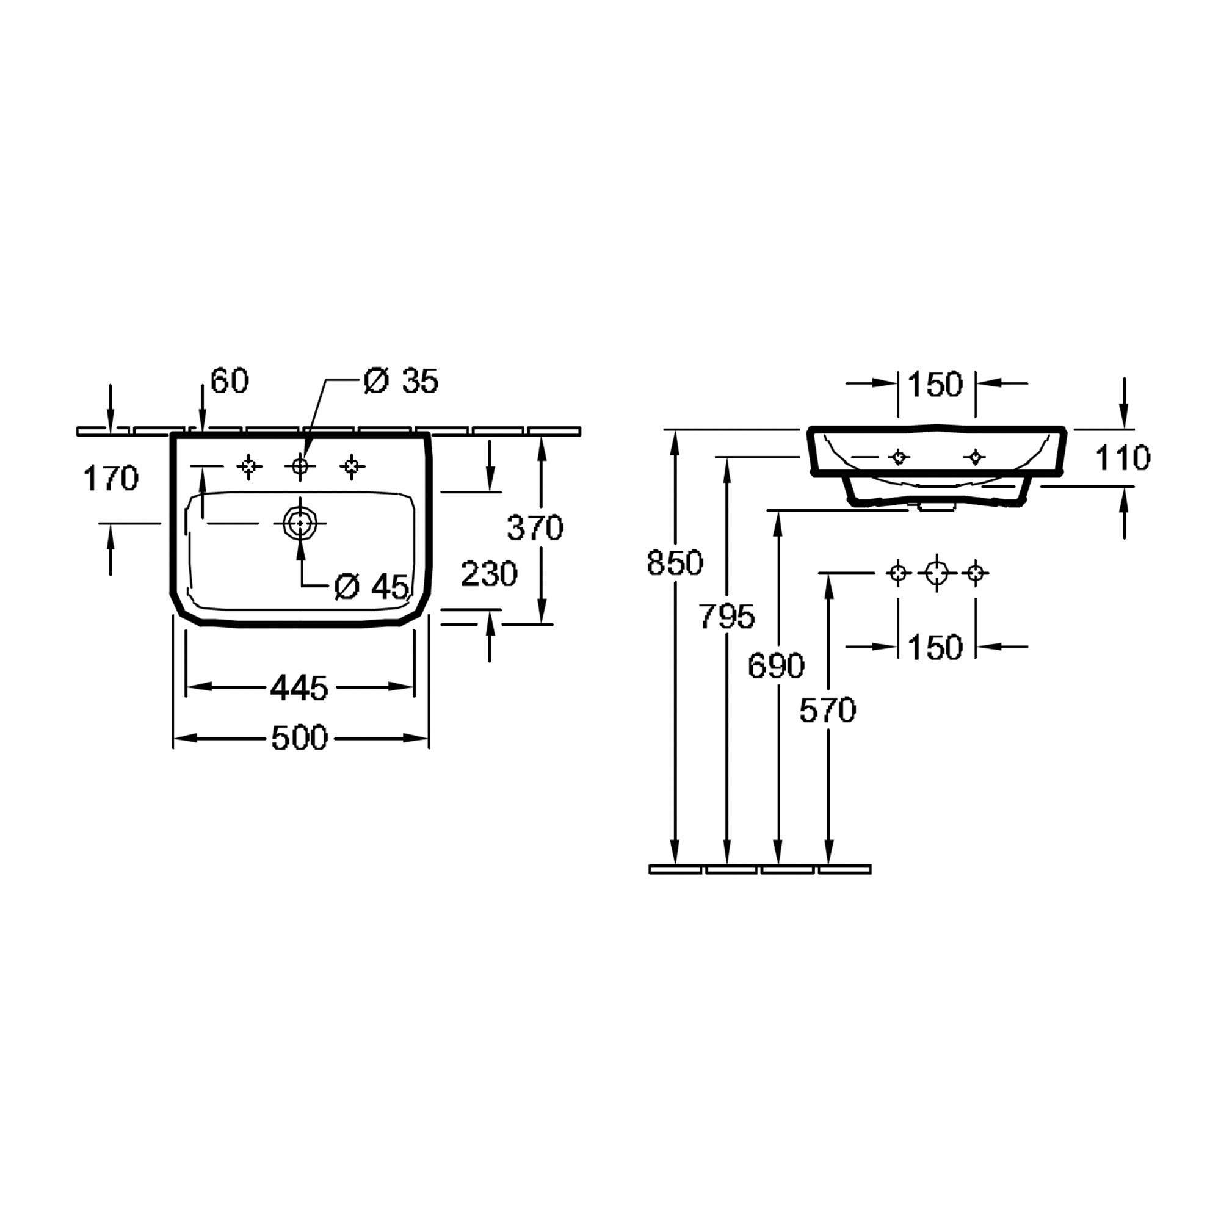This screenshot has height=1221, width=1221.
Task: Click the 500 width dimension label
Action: [x=300, y=738]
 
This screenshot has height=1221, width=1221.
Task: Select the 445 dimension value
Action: [x=300, y=687]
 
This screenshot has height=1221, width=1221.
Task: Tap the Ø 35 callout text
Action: [x=401, y=381]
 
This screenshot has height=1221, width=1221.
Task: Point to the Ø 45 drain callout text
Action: [x=372, y=587]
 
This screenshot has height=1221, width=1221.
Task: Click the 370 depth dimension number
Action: [x=535, y=527]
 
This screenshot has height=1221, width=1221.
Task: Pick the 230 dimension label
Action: [x=489, y=574]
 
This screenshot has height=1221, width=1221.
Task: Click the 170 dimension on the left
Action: [x=111, y=479]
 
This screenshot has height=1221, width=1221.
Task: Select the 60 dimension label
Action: [x=230, y=380]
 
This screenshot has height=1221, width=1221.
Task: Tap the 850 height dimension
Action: [x=675, y=562]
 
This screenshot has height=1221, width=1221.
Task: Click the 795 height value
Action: [x=726, y=616]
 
